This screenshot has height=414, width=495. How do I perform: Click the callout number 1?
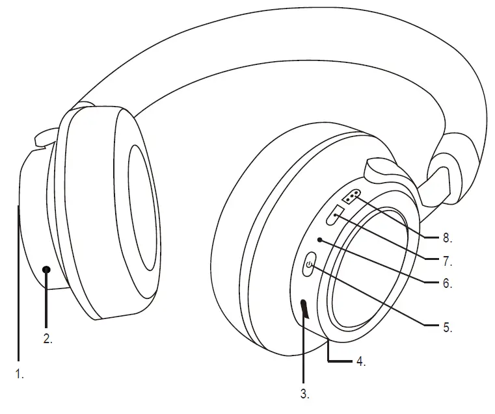tap(20, 375)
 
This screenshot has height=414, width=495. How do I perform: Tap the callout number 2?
tap(48, 339)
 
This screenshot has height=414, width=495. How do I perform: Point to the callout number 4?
tap(360, 361)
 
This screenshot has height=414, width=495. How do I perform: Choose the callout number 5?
tap(447, 328)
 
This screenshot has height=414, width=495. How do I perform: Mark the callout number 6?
tap(447, 283)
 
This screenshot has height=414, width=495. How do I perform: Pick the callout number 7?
tap(447, 262)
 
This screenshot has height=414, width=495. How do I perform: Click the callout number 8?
tap(447, 239)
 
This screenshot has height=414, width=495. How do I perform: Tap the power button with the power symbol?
tap(310, 265)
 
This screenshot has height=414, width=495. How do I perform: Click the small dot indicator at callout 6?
tap(319, 239)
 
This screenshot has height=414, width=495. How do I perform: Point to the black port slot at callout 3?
tap(304, 309)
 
